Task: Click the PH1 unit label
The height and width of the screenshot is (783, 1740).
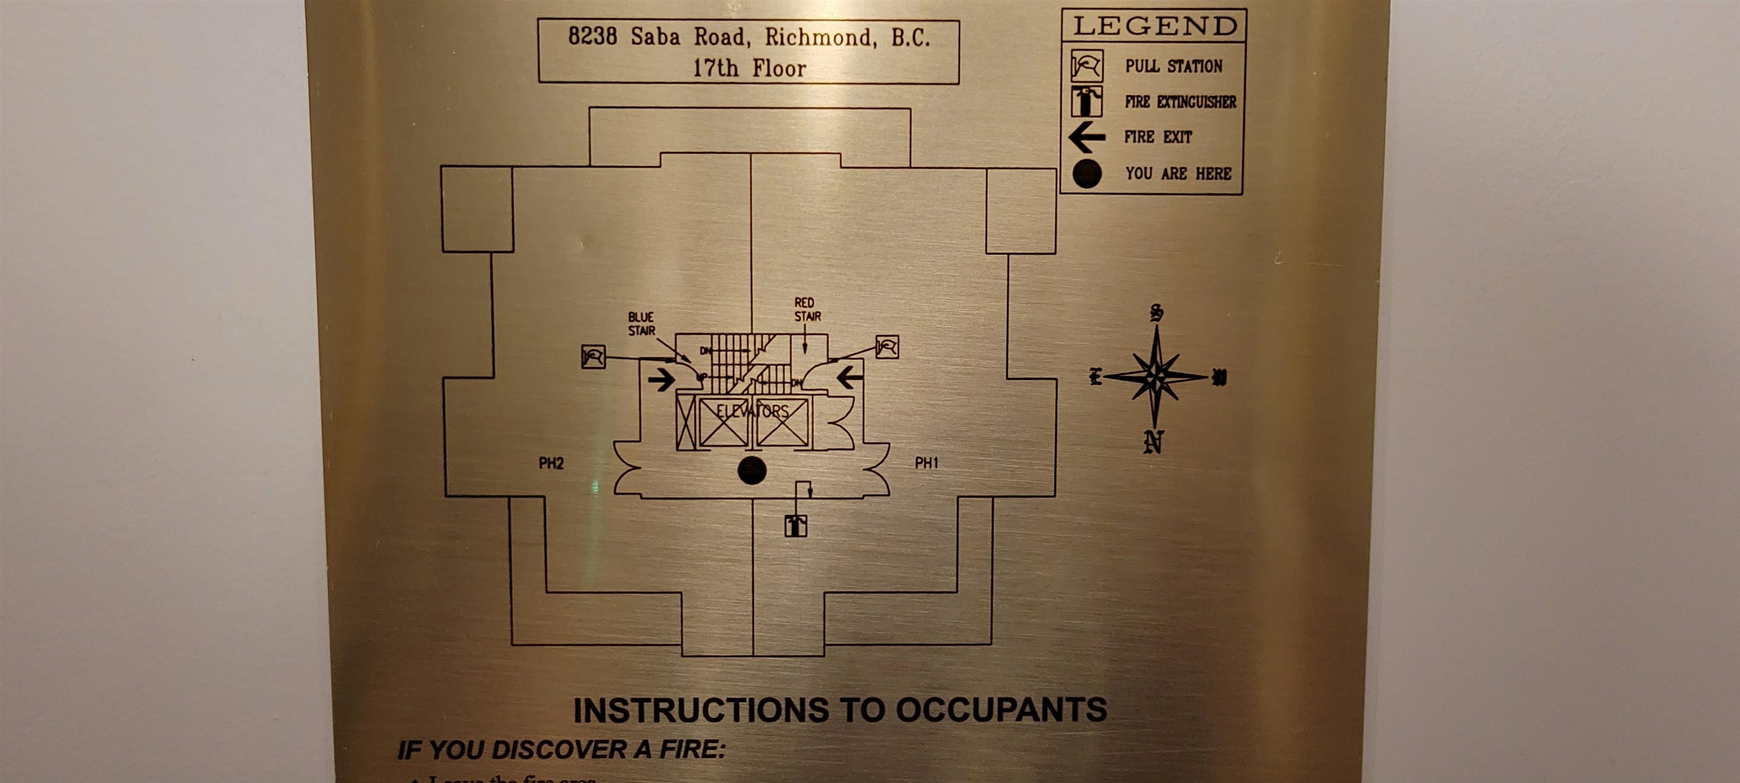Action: click(x=926, y=463)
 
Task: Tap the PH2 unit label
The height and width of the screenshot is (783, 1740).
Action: click(x=551, y=463)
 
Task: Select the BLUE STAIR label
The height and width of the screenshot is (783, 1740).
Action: click(x=641, y=324)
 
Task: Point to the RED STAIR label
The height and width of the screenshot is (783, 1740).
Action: click(x=807, y=310)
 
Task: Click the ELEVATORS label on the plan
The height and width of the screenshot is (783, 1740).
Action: click(x=752, y=411)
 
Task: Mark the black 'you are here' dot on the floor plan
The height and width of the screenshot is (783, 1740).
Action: click(x=751, y=470)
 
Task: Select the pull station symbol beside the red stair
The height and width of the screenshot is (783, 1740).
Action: click(x=887, y=347)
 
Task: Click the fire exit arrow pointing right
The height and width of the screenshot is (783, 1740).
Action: click(x=662, y=380)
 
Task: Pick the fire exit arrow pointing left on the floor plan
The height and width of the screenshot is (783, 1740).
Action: click(x=850, y=376)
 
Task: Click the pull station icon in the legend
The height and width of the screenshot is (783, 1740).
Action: click(x=1087, y=66)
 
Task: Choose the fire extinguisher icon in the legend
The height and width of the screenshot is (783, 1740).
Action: click(x=1087, y=101)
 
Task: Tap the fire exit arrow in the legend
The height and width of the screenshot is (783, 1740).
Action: click(x=1087, y=138)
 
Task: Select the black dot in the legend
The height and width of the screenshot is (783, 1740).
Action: click(x=1087, y=173)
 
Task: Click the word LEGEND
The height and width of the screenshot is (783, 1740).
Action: click(x=1155, y=26)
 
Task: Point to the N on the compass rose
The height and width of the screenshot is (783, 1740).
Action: click(x=1154, y=442)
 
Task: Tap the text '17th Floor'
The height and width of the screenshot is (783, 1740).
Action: click(x=749, y=68)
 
